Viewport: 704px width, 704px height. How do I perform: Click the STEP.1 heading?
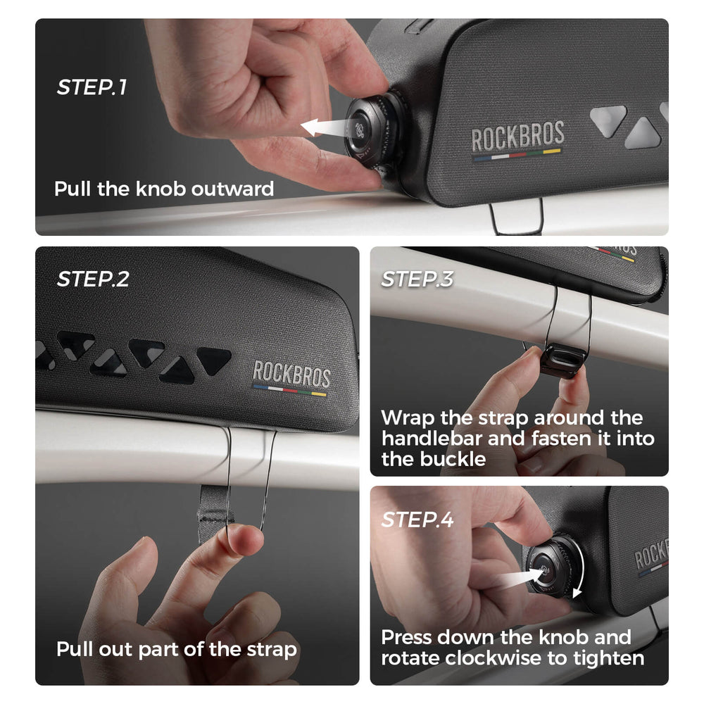tap(92, 87)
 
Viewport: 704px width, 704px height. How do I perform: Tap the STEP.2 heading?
tap(93, 279)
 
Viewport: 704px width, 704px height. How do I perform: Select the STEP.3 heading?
tap(417, 279)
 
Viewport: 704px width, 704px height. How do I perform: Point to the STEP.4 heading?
tap(417, 520)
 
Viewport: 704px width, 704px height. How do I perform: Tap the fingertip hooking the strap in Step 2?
tap(245, 539)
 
